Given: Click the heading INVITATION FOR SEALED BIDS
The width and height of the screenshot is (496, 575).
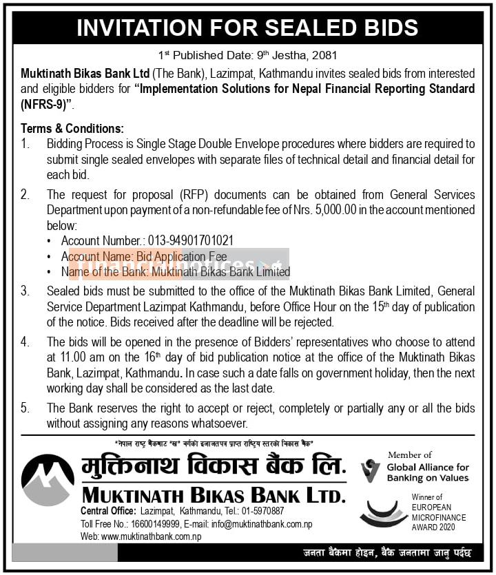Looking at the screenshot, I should (x=247, y=27).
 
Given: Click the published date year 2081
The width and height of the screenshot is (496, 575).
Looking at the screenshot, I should (x=323, y=54).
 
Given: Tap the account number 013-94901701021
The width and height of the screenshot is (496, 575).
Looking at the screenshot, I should (x=191, y=240).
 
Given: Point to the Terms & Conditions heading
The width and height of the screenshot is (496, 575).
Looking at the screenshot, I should (x=72, y=129).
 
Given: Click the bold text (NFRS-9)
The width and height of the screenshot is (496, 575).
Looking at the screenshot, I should (x=46, y=104).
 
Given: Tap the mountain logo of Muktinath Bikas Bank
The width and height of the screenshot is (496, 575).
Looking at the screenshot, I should (x=48, y=480).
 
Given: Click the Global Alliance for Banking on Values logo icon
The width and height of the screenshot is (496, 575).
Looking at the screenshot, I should (x=371, y=470).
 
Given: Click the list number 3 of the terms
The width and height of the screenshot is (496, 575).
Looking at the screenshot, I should (x=25, y=291).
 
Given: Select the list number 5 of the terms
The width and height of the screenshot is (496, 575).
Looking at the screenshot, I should (x=25, y=408).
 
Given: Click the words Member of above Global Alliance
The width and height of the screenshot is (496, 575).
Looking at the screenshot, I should (x=410, y=454).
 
